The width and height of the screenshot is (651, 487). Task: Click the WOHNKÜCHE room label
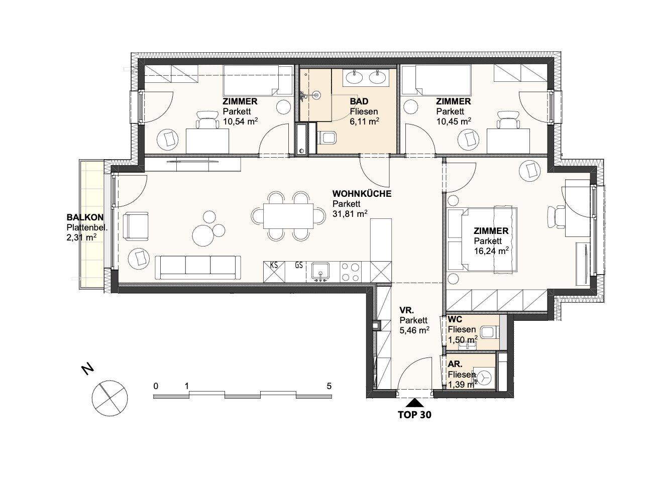(x=362, y=194)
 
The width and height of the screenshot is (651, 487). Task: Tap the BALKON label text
(x=85, y=217)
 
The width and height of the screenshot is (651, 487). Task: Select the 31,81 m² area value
(x=350, y=214)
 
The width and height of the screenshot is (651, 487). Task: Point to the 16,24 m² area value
(x=491, y=251)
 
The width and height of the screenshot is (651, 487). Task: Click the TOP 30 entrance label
(x=414, y=415)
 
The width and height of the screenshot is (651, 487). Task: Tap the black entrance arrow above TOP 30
(x=414, y=403)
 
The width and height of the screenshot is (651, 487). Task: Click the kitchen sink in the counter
(x=320, y=271)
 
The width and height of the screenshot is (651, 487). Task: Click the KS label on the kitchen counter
(x=274, y=265)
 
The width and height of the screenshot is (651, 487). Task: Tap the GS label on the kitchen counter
(x=299, y=265)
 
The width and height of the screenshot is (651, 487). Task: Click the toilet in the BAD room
(x=327, y=138)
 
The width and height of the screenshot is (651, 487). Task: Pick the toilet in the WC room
(x=490, y=332)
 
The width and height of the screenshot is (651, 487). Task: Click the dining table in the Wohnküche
(x=288, y=216)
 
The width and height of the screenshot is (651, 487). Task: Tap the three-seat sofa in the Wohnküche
(x=198, y=268)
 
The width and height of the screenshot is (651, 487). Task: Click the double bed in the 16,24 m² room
(x=482, y=239)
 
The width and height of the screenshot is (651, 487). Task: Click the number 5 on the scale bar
(x=329, y=386)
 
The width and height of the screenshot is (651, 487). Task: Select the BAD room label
(x=359, y=101)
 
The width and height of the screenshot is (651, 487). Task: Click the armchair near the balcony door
(x=136, y=226)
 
